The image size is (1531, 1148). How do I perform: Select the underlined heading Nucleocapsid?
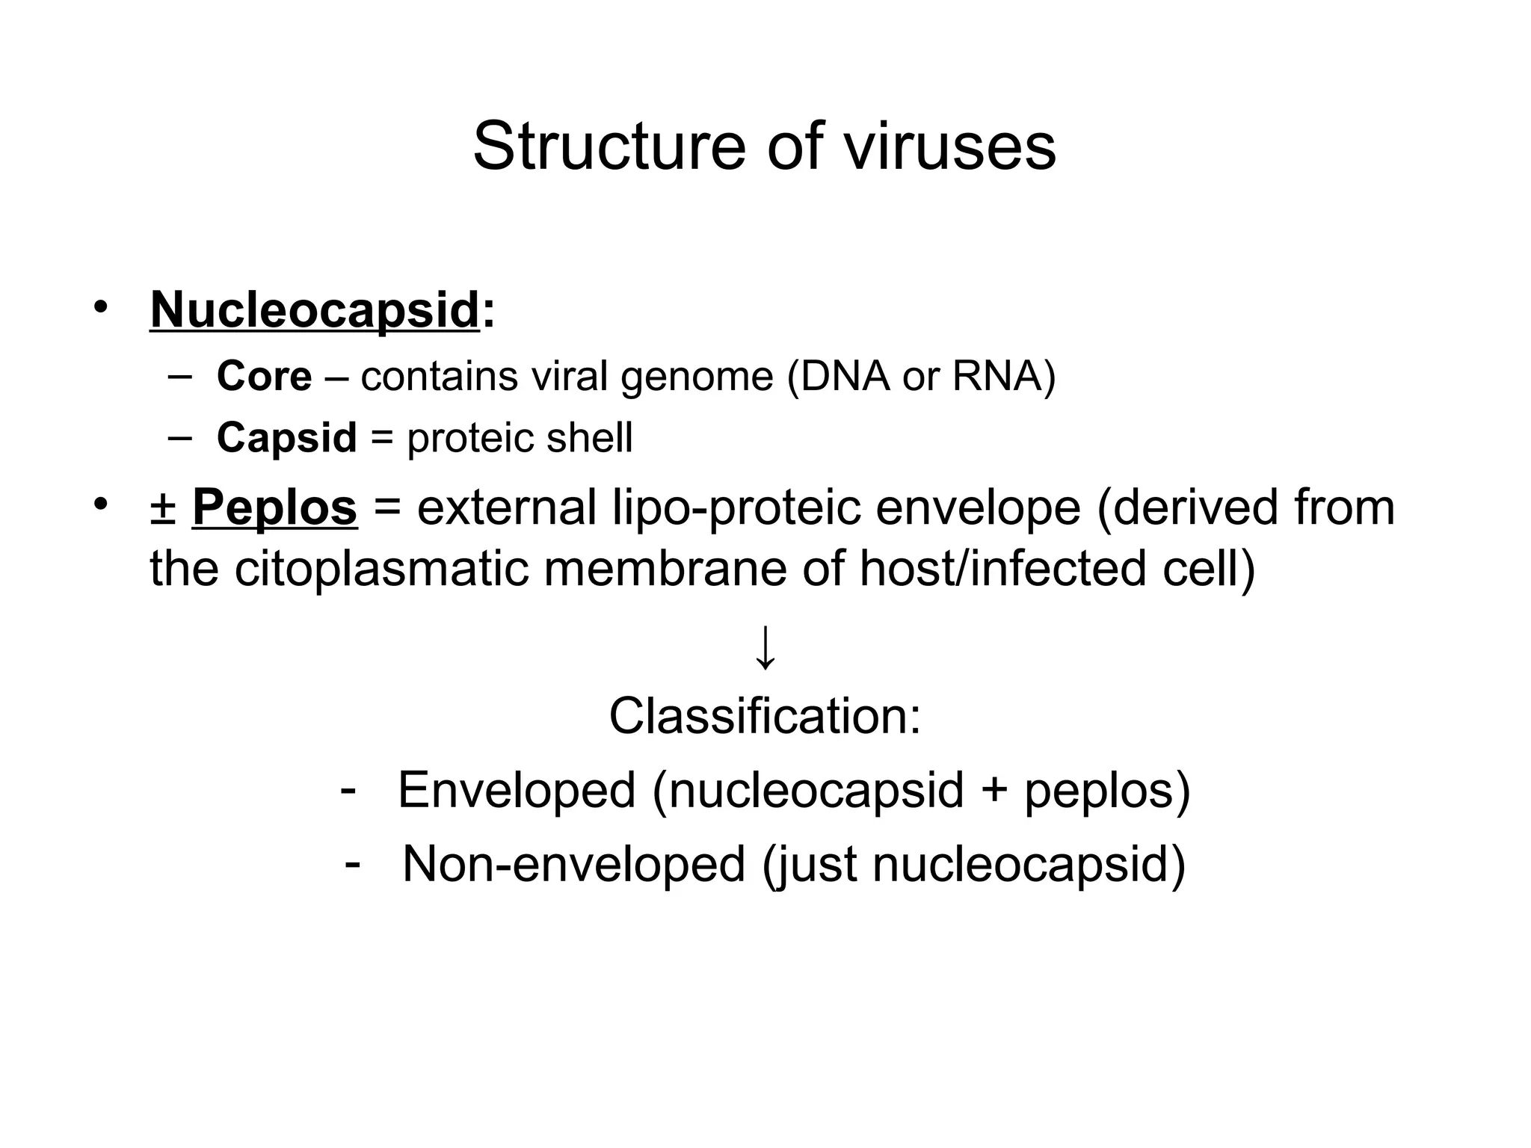pos(314,309)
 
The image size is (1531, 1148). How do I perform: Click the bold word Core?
pos(264,376)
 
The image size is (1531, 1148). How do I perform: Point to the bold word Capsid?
pos(286,437)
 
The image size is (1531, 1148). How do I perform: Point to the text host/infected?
pos(1002,569)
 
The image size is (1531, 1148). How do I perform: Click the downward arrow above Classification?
pos(765,647)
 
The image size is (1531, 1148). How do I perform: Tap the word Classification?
pos(763,716)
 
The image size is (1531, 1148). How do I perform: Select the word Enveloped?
pos(516,790)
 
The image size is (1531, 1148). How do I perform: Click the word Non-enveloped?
pos(573,864)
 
